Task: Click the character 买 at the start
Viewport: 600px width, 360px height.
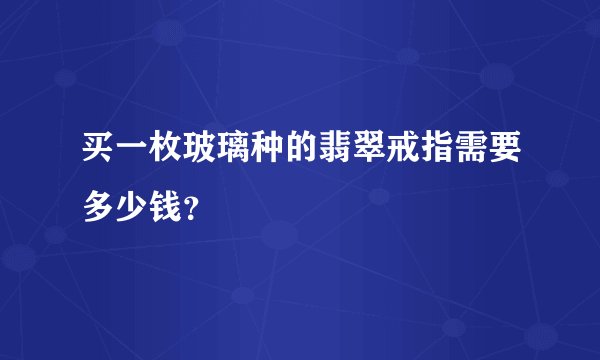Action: click(99, 154)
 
